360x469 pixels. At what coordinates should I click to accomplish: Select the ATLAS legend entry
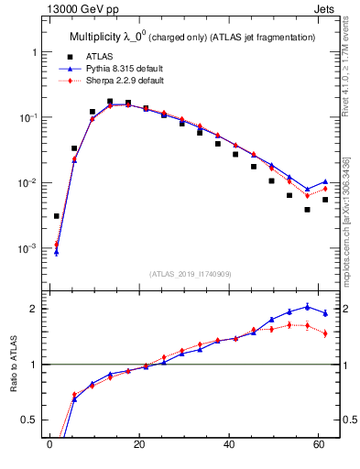coord(98,57)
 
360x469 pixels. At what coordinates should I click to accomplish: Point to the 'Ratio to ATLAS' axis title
coord(14,364)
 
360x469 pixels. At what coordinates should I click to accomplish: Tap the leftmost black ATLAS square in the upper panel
coord(57,216)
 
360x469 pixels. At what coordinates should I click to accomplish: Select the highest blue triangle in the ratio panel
coord(307,306)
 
